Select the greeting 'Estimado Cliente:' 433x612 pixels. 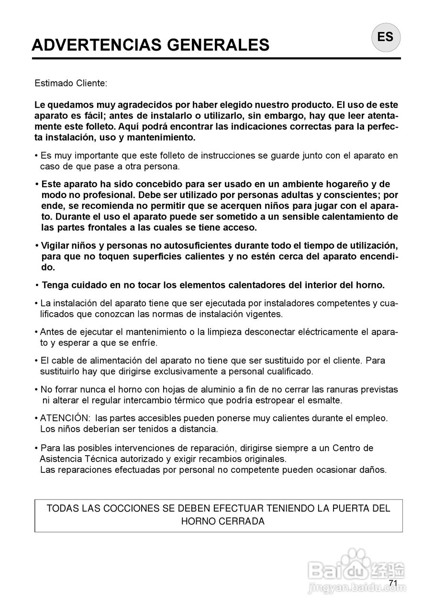point(71,83)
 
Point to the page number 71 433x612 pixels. point(393,583)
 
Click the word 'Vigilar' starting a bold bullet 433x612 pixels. point(55,246)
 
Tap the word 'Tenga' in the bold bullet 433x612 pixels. point(55,285)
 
